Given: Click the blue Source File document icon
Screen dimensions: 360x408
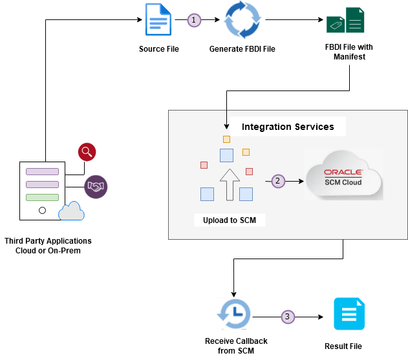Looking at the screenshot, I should (x=158, y=20).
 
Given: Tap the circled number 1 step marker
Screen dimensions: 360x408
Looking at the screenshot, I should (x=194, y=20).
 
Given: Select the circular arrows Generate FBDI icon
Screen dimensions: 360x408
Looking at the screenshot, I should (x=242, y=21).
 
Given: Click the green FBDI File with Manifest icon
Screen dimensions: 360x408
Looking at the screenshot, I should (x=345, y=21).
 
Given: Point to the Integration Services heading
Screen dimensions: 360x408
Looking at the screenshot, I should (x=288, y=127).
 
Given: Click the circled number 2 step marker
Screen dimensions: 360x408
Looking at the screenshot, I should (x=277, y=181).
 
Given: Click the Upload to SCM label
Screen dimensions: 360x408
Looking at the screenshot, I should (x=229, y=220).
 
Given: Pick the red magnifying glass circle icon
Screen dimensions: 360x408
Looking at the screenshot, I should (x=87, y=153).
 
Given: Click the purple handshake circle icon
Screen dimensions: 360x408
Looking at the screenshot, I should (x=96, y=187).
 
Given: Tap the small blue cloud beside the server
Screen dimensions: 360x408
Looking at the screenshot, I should (x=71, y=211).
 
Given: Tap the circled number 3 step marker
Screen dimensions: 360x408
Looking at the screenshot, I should (x=288, y=317).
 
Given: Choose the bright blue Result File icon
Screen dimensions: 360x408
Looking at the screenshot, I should (x=349, y=315).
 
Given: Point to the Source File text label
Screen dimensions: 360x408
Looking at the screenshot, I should (x=158, y=49).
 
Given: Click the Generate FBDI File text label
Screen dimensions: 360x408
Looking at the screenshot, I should (x=242, y=49).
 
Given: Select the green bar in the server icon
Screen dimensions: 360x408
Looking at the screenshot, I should (x=42, y=197).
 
